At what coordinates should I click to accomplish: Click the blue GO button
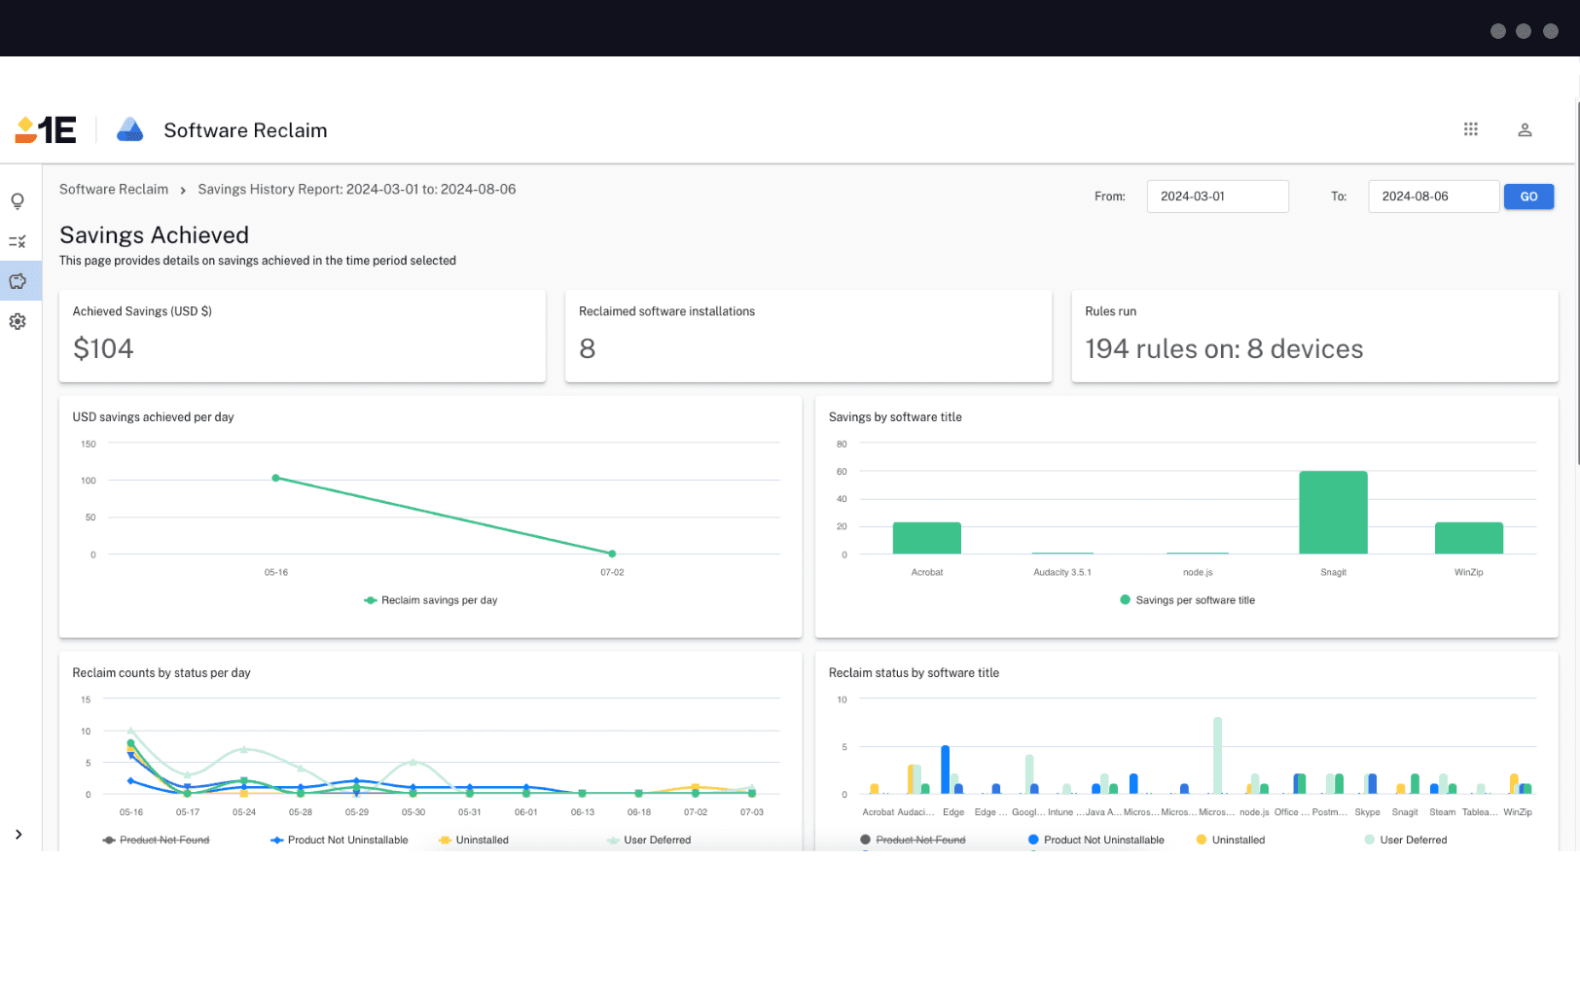(1528, 197)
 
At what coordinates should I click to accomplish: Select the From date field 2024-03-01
(1217, 197)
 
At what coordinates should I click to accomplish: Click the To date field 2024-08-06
(1433, 197)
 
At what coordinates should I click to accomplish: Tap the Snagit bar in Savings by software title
(1333, 513)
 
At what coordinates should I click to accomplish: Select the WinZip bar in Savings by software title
(1468, 538)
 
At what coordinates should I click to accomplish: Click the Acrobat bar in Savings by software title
(926, 538)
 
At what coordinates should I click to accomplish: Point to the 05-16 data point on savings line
(276, 479)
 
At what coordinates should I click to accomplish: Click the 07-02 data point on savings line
(612, 554)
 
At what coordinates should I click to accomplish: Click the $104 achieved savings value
(103, 348)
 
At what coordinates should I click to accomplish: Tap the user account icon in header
(1525, 130)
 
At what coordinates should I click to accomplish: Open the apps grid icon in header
(1470, 129)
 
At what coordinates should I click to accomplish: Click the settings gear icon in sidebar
(18, 321)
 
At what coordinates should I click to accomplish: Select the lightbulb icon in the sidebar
(18, 201)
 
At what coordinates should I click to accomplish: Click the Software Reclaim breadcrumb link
(114, 190)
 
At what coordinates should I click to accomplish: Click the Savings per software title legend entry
(1195, 600)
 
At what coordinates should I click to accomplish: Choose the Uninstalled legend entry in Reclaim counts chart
(482, 840)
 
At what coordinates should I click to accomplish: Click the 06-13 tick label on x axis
(583, 812)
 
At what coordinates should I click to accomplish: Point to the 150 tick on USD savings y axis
(89, 445)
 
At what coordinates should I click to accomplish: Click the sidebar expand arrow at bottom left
(18, 835)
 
